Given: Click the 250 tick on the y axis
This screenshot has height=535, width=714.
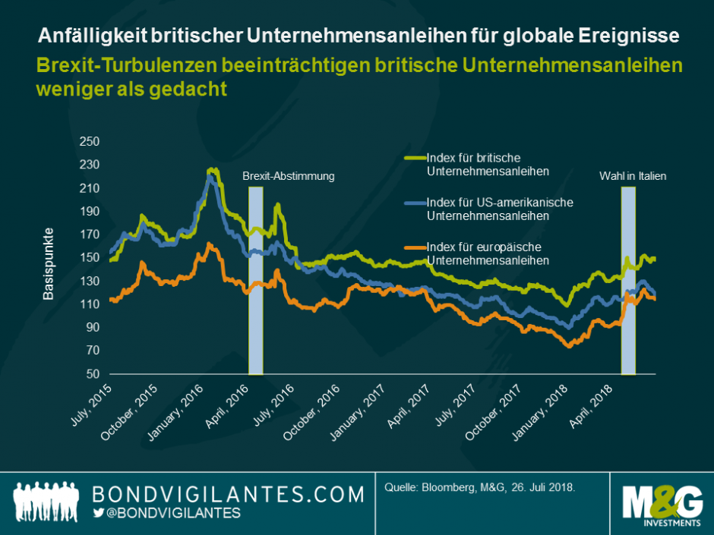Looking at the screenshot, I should pos(90,141).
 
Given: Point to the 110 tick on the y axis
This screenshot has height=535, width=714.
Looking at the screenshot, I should pos(90,304).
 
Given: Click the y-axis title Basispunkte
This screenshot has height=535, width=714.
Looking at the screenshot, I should pos(49,263).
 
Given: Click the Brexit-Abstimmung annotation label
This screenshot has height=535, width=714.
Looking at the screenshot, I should pos(288,176).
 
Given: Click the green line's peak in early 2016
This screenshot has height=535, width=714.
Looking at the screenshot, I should pos(213,171).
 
